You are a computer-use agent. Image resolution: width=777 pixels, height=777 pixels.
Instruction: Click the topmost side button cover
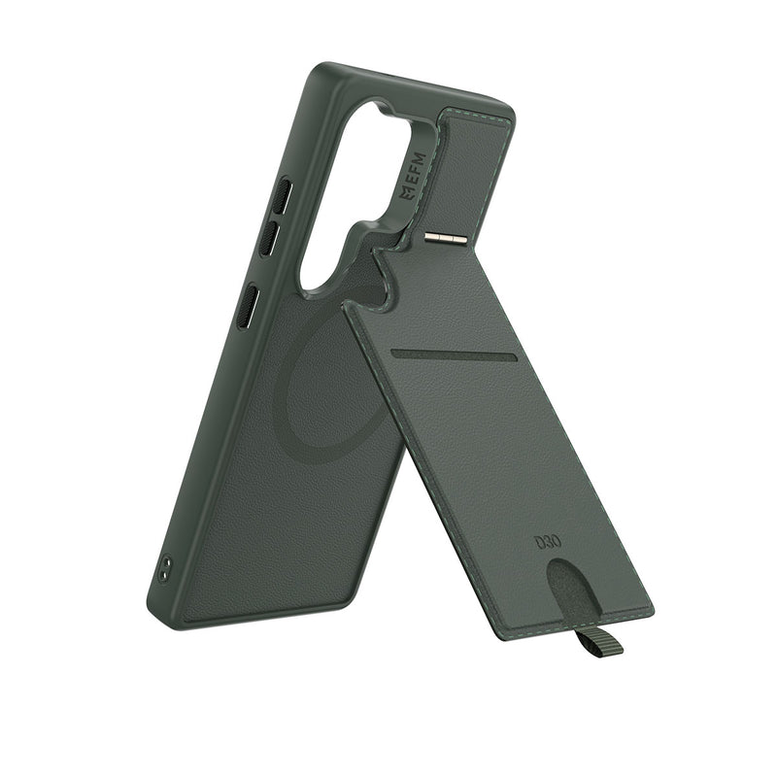[280, 195]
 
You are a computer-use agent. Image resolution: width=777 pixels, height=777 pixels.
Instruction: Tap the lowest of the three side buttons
[249, 307]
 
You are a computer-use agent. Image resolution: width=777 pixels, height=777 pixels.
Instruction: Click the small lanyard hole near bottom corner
[166, 567]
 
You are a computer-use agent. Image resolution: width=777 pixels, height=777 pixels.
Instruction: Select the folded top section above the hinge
[476, 165]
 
